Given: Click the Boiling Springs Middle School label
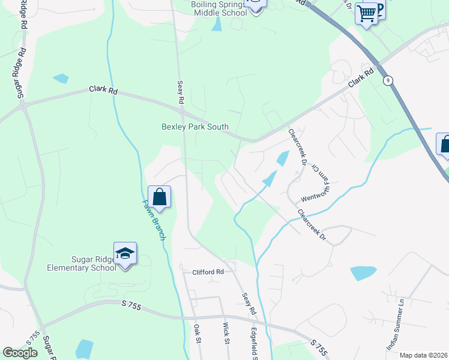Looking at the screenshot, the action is tap(218, 8).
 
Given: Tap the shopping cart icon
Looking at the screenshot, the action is tap(366, 13).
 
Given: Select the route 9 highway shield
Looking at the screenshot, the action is tap(389, 80).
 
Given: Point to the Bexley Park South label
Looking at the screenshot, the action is tap(195, 127).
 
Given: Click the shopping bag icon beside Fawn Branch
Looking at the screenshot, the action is tap(159, 196).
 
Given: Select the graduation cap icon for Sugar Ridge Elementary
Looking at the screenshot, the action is tap(125, 253).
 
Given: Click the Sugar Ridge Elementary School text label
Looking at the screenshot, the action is tap(82, 263).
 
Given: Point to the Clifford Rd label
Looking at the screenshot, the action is tap(208, 272).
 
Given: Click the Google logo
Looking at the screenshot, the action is tap(20, 353).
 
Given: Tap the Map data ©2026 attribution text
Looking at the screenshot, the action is tap(423, 355).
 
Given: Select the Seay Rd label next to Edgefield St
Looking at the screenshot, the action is tap(249, 304).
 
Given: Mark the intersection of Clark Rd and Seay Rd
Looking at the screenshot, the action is tap(181, 111).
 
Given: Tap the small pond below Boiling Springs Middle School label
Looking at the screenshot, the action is tap(216, 25).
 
